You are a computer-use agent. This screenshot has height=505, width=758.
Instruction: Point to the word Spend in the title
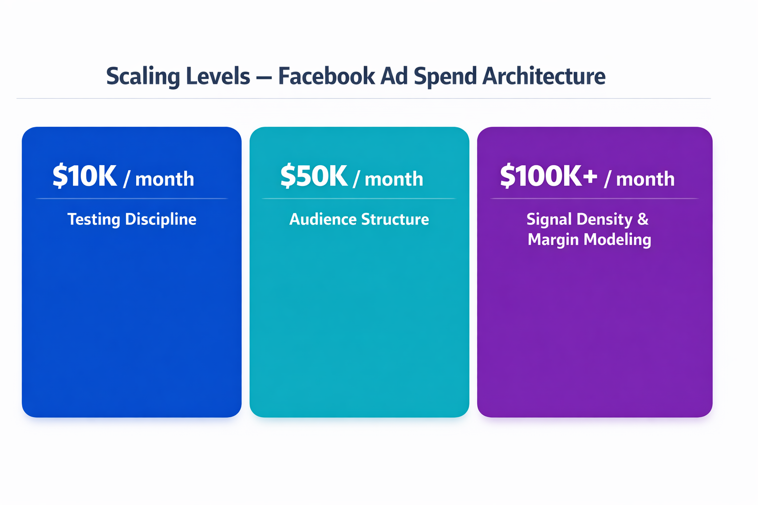click(445, 76)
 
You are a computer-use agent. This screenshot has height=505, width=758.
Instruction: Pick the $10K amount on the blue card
click(84, 176)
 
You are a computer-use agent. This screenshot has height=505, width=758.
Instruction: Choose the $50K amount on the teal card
click(314, 176)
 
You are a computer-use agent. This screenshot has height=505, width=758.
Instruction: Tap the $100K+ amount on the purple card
click(548, 176)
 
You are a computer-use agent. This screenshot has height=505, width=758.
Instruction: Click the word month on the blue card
click(164, 179)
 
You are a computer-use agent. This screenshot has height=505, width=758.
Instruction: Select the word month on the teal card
click(394, 179)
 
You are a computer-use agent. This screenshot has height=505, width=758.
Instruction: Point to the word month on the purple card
click(645, 179)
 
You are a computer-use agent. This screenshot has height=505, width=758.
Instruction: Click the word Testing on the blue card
click(93, 219)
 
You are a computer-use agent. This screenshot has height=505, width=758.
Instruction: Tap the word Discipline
click(160, 219)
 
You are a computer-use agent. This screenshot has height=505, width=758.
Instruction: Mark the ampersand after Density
click(643, 219)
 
